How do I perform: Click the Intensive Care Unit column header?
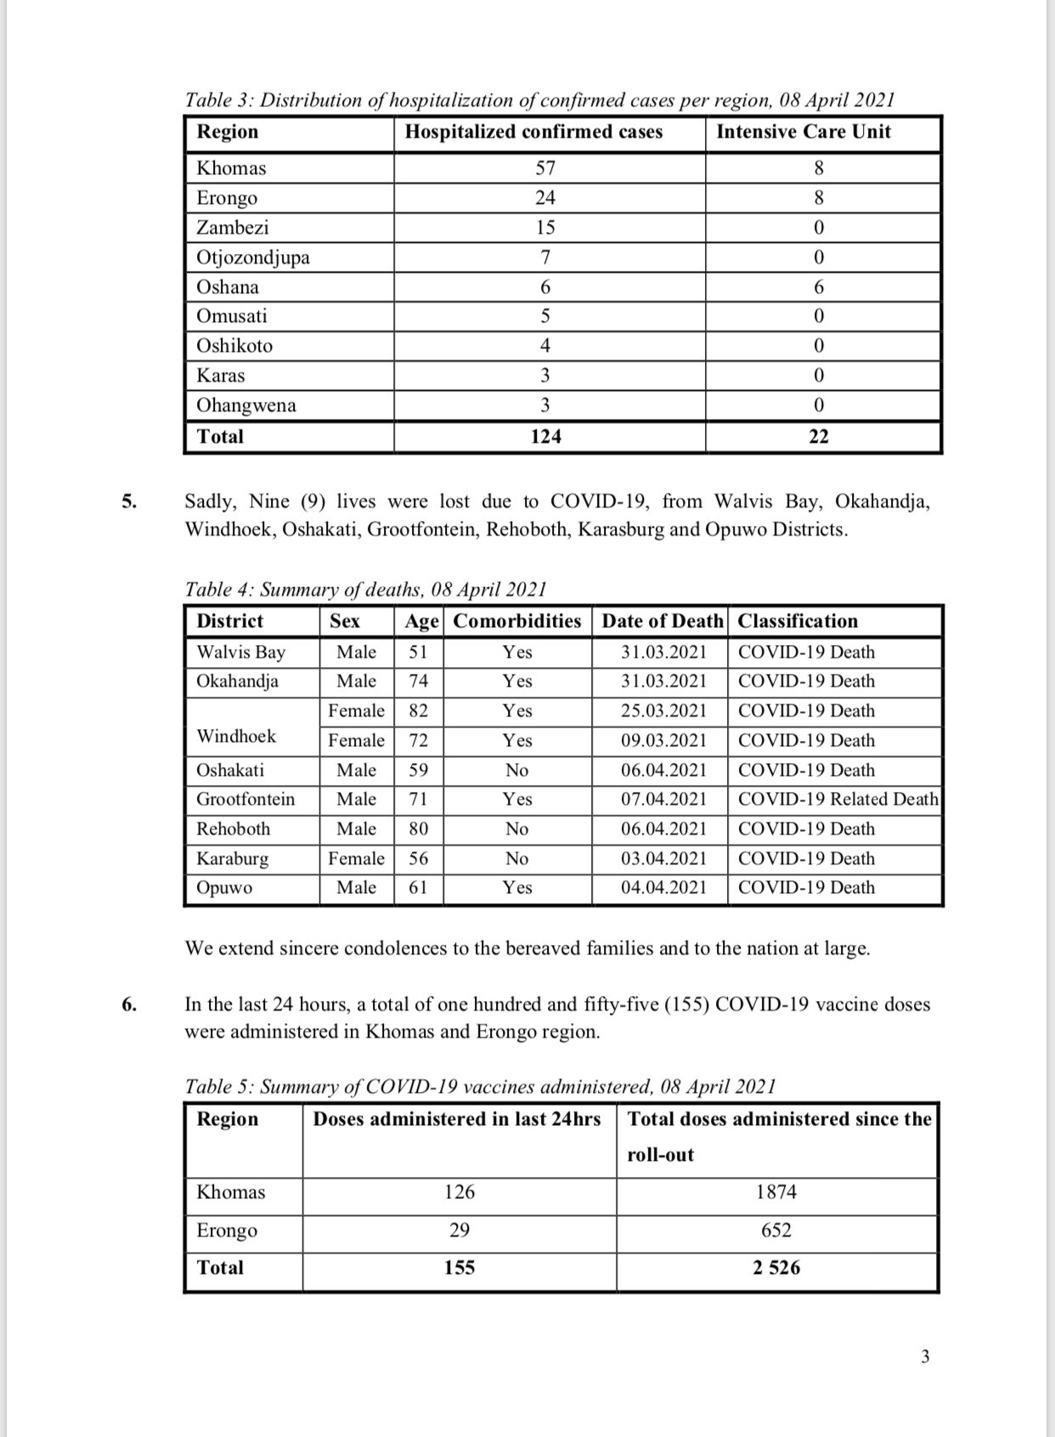tap(804, 132)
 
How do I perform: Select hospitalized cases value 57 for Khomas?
tap(545, 168)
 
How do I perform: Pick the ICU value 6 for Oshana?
tap(819, 287)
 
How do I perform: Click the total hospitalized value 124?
tap(545, 437)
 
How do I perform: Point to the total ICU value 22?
tap(819, 437)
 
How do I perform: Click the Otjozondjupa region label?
tap(253, 257)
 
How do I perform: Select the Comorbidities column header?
tap(516, 621)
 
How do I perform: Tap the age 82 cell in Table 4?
tap(419, 711)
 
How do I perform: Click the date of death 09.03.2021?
tap(663, 741)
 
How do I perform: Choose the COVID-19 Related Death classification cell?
tap(838, 800)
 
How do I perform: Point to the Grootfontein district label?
tap(245, 800)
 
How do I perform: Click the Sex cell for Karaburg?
tap(357, 859)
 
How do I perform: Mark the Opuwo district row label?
tap(224, 888)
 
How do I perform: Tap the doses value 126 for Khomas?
tap(460, 1192)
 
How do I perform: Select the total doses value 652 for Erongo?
tap(776, 1231)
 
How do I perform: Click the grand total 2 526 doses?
tap(776, 1268)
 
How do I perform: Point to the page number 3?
tap(925, 1357)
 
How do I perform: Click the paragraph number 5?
tap(128, 501)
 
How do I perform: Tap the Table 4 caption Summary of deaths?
tap(365, 590)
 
